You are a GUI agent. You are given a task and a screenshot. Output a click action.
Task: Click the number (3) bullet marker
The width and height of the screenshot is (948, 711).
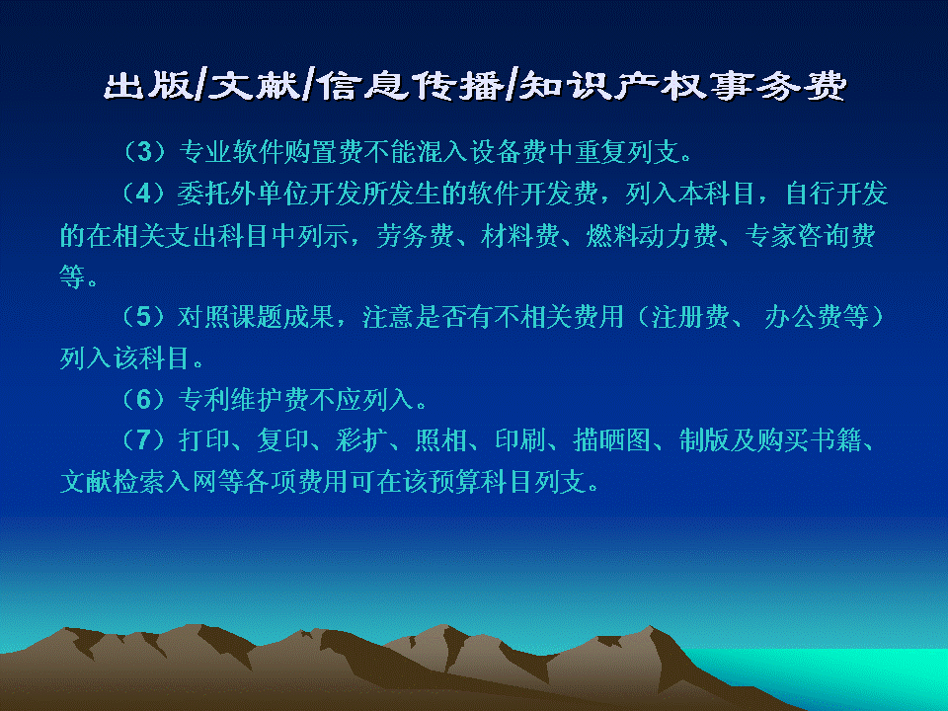tap(144, 151)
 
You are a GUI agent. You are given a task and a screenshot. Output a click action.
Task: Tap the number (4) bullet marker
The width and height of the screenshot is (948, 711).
tap(144, 194)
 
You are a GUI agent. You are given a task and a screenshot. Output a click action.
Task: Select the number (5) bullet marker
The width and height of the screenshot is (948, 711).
tap(144, 316)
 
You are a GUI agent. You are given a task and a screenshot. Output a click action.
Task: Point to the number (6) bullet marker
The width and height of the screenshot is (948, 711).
tap(144, 399)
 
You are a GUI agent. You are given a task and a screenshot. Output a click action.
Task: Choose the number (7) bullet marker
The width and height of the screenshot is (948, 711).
tap(144, 439)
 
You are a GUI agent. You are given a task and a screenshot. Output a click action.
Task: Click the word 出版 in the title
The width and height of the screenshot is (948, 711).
tap(148, 85)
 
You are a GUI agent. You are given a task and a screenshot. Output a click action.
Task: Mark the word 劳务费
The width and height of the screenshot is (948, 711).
tap(416, 235)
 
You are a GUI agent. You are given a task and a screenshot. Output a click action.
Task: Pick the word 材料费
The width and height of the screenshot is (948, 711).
tap(520, 235)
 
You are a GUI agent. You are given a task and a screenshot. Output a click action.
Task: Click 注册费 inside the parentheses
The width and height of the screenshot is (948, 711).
tap(690, 316)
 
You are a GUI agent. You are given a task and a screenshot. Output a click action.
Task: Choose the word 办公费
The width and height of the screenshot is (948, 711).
tap(803, 316)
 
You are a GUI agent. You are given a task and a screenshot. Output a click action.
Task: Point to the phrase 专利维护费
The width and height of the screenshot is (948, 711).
tap(244, 399)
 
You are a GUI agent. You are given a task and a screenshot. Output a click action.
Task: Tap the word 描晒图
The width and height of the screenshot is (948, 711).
tap(611, 439)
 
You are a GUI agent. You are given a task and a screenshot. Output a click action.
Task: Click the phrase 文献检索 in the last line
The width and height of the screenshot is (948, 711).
tap(112, 481)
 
